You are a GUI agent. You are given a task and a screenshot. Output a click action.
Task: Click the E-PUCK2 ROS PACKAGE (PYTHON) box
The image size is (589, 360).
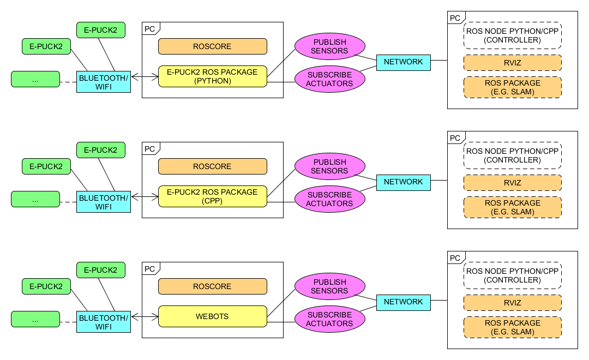213,76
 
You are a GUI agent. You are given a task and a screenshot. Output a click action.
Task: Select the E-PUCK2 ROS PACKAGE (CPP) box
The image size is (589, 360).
213,196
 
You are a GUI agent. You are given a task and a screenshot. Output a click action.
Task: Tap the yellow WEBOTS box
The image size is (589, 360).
213,316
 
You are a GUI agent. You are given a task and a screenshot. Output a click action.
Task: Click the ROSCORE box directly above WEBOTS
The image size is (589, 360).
213,286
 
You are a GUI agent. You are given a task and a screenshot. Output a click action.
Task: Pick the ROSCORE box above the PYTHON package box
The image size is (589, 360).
213,46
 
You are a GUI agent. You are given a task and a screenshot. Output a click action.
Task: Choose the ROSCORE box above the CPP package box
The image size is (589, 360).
213,166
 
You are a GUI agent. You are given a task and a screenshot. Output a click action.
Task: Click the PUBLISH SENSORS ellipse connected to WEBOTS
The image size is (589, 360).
330,286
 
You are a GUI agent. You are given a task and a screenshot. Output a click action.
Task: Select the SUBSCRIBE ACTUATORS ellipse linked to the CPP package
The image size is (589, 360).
330,199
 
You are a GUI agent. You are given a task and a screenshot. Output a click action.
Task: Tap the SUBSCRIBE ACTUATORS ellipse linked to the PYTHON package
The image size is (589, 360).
330,79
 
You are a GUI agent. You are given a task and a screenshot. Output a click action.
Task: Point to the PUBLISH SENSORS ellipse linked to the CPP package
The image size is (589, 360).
330,166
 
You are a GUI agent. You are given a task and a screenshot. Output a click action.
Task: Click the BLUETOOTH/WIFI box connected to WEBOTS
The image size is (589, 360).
104,322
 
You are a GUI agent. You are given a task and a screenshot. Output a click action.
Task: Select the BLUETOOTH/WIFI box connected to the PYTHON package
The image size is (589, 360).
104,82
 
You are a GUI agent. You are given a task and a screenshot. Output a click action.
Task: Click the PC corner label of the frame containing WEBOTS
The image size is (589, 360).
151,269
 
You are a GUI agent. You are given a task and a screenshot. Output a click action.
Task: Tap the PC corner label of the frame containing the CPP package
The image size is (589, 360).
151,149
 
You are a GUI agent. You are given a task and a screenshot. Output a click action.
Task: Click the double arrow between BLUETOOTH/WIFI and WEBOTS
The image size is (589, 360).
145,317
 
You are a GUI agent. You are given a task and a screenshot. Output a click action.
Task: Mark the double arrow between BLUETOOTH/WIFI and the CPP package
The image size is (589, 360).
145,197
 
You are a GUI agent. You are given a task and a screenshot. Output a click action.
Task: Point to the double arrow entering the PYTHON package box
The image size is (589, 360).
145,77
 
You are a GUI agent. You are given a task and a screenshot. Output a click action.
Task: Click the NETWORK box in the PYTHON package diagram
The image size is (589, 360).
404,63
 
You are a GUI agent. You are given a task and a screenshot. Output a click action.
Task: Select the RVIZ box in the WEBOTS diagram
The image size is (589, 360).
513,303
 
